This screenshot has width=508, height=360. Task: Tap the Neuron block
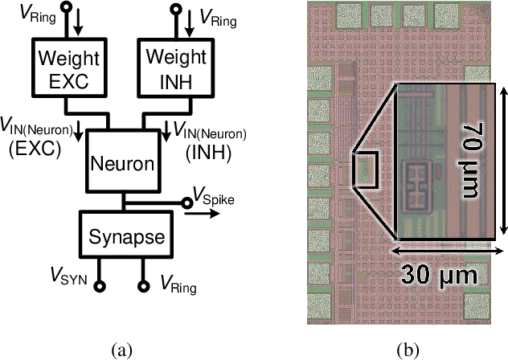pyautogui.click(x=120, y=164)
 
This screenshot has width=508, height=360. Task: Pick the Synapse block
pyautogui.click(x=125, y=236)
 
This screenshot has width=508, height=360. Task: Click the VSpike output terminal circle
pyautogui.click(x=186, y=204)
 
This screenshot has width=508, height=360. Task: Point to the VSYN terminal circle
pyautogui.click(x=100, y=284)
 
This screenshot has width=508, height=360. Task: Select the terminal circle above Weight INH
pyautogui.click(x=173, y=11)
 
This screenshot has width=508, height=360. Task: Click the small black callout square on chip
pyautogui.click(x=363, y=169)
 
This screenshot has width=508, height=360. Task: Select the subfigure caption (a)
pyautogui.click(x=122, y=348)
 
